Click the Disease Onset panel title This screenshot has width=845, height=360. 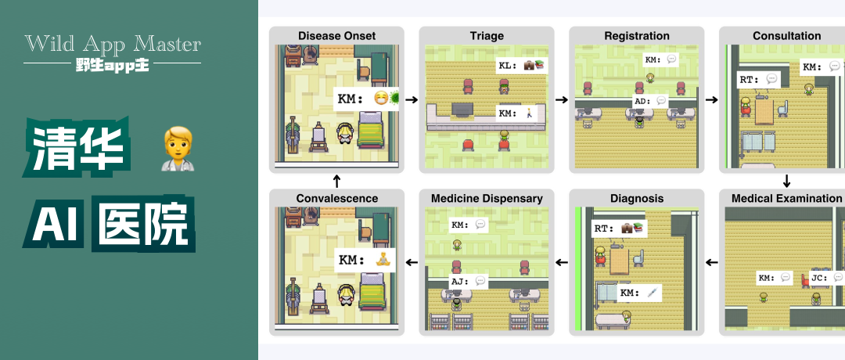click(x=336, y=36)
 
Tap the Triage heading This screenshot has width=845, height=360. click(x=487, y=36)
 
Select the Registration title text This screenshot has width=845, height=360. click(x=637, y=36)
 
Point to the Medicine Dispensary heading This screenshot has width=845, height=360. click(x=487, y=199)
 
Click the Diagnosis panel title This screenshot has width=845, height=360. click(x=637, y=199)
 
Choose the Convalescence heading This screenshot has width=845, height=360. click(x=336, y=199)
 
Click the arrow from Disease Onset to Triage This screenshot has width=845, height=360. click(x=412, y=100)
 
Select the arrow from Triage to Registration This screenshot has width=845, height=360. click(x=562, y=100)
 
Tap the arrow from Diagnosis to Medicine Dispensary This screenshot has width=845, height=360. click(x=562, y=261)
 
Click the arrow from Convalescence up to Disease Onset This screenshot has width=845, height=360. click(x=336, y=181)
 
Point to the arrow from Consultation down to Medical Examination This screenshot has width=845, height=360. click(x=786, y=182)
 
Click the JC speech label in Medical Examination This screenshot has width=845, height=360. click(x=826, y=277)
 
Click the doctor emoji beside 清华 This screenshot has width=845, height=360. click(x=177, y=149)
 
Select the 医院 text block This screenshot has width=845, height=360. click(x=144, y=225)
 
